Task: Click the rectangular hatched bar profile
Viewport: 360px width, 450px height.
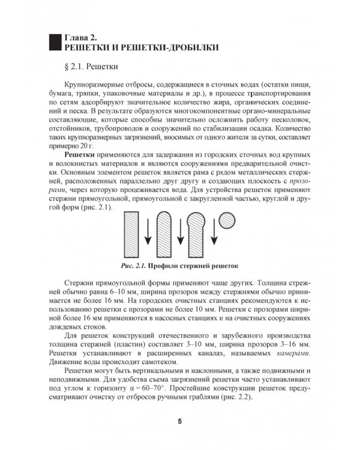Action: coord(134,236)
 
